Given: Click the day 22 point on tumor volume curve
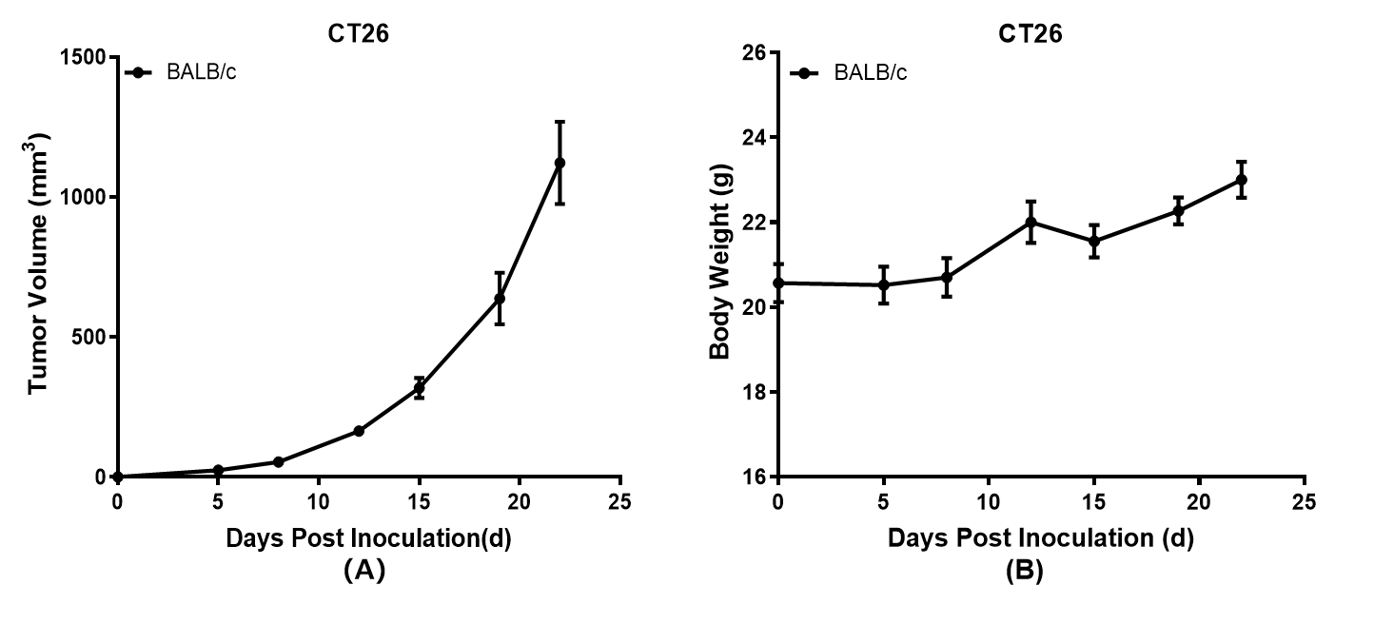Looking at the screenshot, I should click(x=559, y=163).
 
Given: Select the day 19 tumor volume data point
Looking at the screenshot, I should click(x=500, y=299).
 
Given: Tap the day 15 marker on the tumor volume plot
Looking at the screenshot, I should click(x=419, y=388).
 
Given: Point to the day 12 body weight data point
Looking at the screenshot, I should click(x=1030, y=222).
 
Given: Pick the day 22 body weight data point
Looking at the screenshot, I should click(x=1241, y=180).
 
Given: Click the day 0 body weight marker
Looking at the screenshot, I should click(x=778, y=283).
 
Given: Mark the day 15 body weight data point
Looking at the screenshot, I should click(x=1094, y=241).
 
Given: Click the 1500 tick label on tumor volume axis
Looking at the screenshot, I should click(x=83, y=58).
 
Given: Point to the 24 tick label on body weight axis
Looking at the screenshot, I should click(x=755, y=138).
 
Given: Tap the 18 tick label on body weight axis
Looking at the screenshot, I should click(x=755, y=393).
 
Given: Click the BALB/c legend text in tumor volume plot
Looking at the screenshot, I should click(x=202, y=72).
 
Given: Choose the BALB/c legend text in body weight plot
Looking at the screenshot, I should click(x=871, y=72).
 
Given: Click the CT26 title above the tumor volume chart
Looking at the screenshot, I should click(x=353, y=33).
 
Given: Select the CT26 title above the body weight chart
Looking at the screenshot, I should click(x=1030, y=33).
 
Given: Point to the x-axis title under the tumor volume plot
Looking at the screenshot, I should click(x=368, y=538).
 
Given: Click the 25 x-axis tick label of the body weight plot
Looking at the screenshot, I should click(x=1305, y=501).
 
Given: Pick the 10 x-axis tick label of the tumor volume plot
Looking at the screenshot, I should click(x=318, y=501).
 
